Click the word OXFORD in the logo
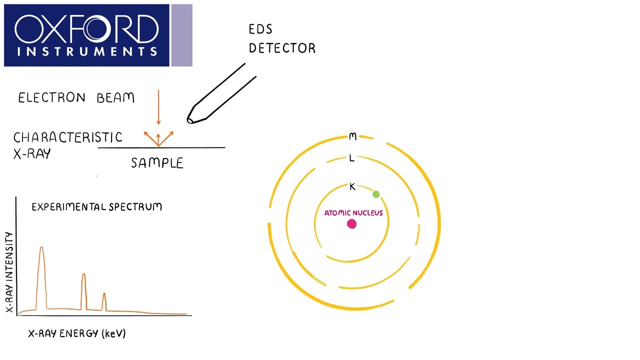(86, 29)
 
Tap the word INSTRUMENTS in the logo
(86, 51)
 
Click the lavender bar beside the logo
(181, 35)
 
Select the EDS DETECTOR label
(282, 39)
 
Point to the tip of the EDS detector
(190, 119)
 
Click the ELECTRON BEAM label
(76, 97)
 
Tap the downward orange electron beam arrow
(158, 107)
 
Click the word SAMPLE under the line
(157, 163)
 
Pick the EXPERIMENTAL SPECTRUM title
(96, 206)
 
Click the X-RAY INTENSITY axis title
(9, 272)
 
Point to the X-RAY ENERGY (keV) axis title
(77, 333)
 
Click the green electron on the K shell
(376, 194)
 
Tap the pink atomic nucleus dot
(351, 224)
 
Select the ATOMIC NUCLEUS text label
(353, 213)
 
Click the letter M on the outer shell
(352, 136)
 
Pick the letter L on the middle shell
(352, 158)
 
